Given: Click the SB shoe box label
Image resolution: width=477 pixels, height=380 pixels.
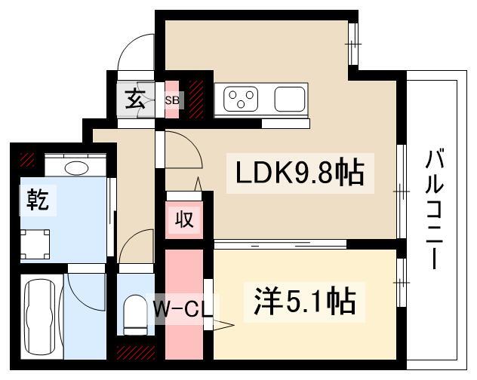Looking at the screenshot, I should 172,99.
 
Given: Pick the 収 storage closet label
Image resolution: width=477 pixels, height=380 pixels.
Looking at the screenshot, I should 185,219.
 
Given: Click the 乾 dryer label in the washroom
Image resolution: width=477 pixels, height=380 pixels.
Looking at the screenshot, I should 38,200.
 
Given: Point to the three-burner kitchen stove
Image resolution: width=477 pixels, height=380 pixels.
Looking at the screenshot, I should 242,99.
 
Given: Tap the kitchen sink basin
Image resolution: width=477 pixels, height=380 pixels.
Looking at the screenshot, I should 290,99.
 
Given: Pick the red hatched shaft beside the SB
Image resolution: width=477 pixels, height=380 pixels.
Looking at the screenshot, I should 197,98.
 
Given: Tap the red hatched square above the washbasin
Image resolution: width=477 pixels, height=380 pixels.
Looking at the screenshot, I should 27,159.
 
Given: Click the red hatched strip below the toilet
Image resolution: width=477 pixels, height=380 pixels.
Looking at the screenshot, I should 136,352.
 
